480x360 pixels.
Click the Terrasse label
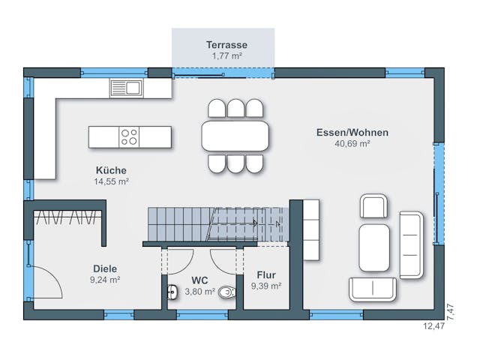tap(226, 45)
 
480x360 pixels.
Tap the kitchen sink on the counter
tap(126, 88)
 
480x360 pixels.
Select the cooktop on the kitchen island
tap(129, 137)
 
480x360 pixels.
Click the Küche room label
tap(111, 170)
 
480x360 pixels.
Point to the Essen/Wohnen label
tap(352, 132)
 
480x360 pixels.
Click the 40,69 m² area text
tap(352, 143)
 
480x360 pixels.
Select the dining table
tap(235, 136)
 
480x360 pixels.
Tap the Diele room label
tap(105, 268)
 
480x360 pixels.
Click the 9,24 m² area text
tap(105, 279)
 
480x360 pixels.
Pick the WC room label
tap(199, 280)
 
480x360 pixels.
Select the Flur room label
tap(266, 274)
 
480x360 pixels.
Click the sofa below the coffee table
tap(373, 289)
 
